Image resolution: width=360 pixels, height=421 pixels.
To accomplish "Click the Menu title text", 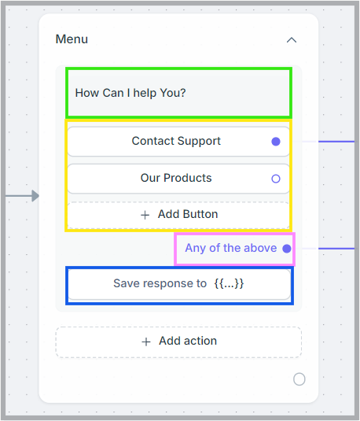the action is (72, 39).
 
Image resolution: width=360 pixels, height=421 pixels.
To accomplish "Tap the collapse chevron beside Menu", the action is (292, 40).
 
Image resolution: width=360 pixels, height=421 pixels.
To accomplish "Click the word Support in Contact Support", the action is (199, 141).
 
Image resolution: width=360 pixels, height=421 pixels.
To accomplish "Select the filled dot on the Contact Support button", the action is (276, 142).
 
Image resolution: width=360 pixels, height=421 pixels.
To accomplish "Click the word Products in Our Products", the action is (188, 178).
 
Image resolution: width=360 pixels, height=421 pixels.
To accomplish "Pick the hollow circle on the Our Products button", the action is (276, 179).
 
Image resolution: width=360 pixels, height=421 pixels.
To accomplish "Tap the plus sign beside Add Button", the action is (145, 215).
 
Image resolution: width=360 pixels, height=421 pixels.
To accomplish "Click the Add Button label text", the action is (188, 214).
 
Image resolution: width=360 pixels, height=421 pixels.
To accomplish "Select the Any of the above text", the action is (231, 248).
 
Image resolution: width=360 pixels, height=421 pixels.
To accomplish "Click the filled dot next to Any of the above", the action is (287, 249).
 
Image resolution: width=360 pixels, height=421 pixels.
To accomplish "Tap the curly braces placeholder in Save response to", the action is (229, 283).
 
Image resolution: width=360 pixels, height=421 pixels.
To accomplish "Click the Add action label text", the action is (188, 341).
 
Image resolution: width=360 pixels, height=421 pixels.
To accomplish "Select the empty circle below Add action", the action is (299, 379).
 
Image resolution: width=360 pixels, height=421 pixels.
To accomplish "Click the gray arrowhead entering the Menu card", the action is (35, 196).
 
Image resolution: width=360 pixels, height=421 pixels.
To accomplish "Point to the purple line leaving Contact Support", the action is (336, 142).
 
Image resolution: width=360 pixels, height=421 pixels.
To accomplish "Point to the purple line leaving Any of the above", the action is (336, 249).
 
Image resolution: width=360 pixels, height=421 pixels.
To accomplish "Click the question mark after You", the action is (182, 93).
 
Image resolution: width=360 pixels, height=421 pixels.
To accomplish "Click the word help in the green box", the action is (145, 94).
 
